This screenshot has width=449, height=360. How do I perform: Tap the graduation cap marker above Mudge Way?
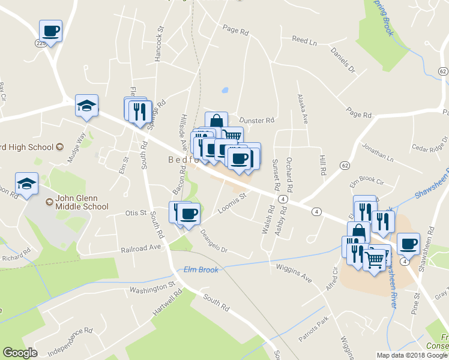pyautogui.click(x=86, y=106)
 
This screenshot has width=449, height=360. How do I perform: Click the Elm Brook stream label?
pyautogui.click(x=201, y=269)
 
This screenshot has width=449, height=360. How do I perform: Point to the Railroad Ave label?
pyautogui.click(x=140, y=248)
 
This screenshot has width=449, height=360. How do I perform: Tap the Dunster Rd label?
pyautogui.click(x=257, y=120)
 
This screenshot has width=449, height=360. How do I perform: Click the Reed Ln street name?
pyautogui.click(x=304, y=40)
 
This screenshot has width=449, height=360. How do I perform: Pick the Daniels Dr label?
pyautogui.click(x=343, y=61)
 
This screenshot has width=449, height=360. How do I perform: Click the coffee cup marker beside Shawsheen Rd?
pyautogui.click(x=408, y=244)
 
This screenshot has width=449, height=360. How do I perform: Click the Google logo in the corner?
pyautogui.click(x=20, y=353)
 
